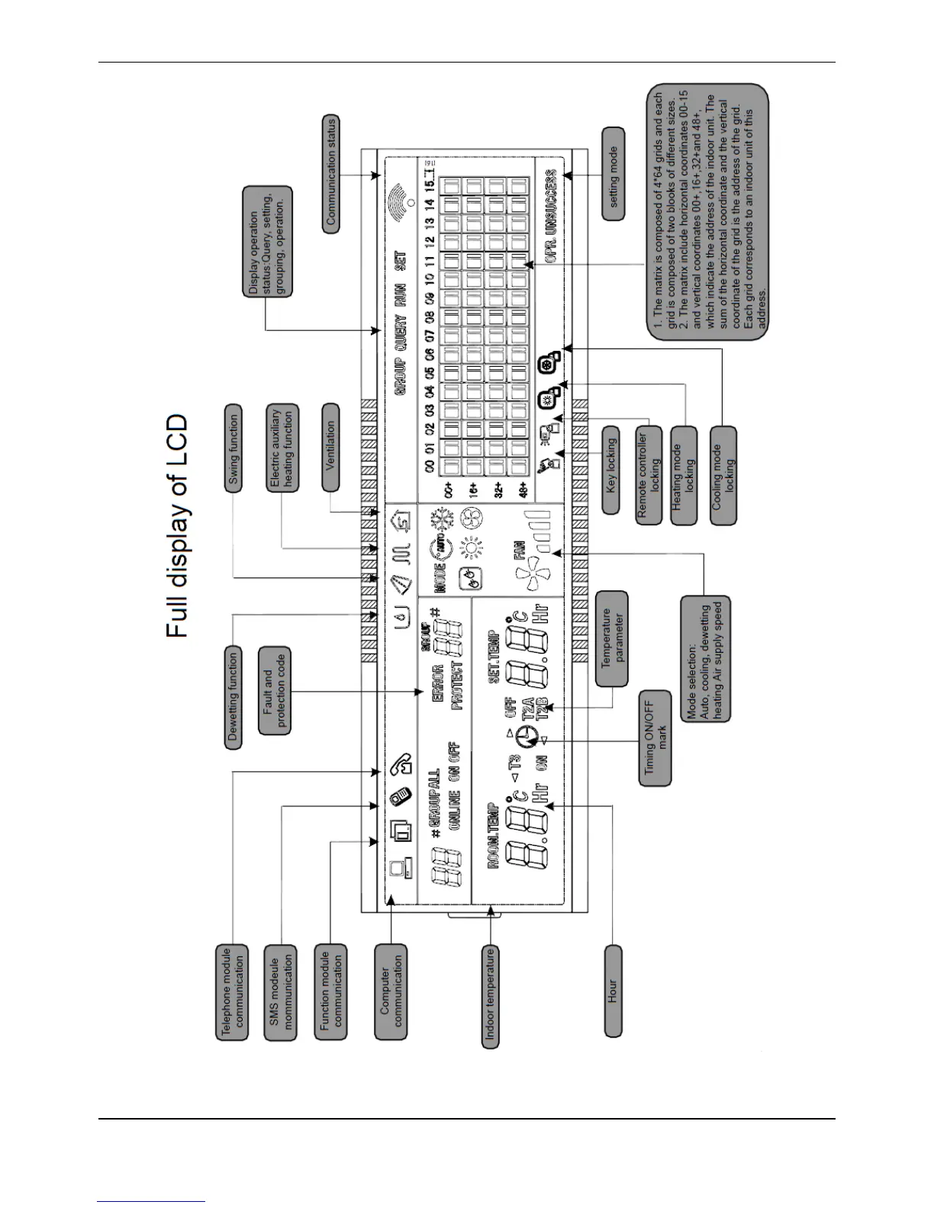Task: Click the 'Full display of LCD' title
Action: point(176,525)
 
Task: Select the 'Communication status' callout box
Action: point(330,174)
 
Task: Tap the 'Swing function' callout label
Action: point(233,448)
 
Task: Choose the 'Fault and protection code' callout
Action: point(274,690)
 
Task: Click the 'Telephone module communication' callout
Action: point(232,991)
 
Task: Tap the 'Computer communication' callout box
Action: point(391,991)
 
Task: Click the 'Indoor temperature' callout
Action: point(491,996)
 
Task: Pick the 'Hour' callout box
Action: point(613,991)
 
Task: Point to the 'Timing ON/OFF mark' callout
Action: point(655,738)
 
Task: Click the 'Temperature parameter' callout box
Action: point(612,638)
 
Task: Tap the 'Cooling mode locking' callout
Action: point(723,475)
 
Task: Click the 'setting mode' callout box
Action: point(613,174)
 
